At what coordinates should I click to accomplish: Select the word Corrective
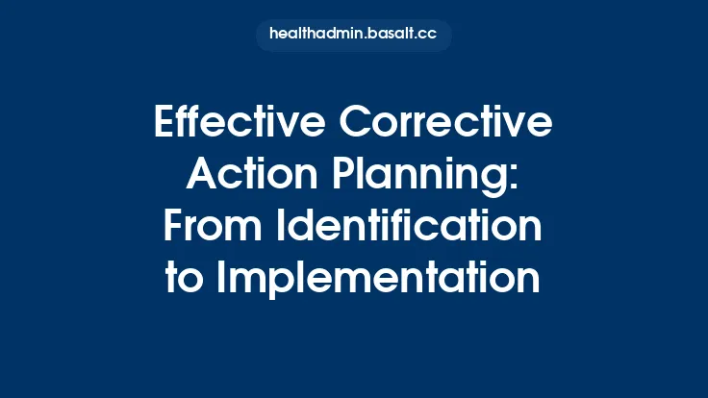453,125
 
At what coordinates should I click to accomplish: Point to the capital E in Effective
165,125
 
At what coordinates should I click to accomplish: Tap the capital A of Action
203,176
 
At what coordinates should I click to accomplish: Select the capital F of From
175,227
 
